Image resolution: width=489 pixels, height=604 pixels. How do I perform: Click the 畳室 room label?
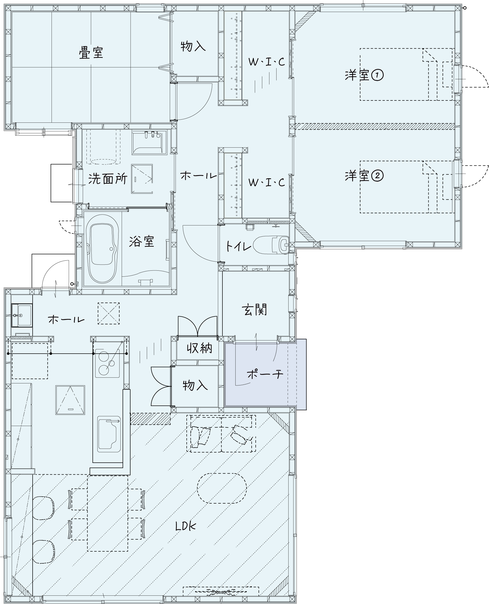tap(91, 53)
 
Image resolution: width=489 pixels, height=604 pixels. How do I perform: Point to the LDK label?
tap(186, 526)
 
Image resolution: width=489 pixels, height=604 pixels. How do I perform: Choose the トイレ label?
tap(238, 246)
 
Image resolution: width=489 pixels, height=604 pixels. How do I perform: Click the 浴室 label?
tap(141, 241)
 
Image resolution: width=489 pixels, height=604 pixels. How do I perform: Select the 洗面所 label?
tap(107, 179)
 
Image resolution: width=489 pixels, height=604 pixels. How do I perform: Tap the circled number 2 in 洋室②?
tap(377, 176)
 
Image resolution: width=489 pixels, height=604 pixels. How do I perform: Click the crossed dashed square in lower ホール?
tap(109, 313)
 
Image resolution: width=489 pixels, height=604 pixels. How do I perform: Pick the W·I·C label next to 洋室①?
tap(267, 62)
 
